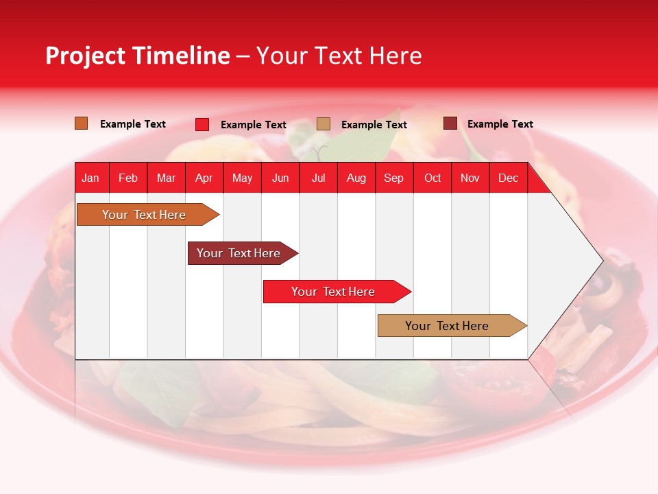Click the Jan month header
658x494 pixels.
click(x=90, y=178)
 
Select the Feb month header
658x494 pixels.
click(x=128, y=178)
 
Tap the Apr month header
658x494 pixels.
click(x=204, y=178)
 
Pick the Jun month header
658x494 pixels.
click(x=280, y=178)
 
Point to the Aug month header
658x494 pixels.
click(x=356, y=178)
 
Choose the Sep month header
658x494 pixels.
click(x=394, y=178)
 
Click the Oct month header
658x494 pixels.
click(x=432, y=178)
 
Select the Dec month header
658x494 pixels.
click(x=509, y=178)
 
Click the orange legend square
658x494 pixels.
click(x=82, y=123)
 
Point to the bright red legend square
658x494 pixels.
click(x=202, y=124)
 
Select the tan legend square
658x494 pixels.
click(x=324, y=124)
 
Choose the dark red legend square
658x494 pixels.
click(x=450, y=123)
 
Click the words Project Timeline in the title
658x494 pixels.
click(x=138, y=56)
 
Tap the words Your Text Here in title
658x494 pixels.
click(x=339, y=56)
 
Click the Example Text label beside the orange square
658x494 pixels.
click(x=133, y=124)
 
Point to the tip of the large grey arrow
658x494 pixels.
click(x=601, y=260)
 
